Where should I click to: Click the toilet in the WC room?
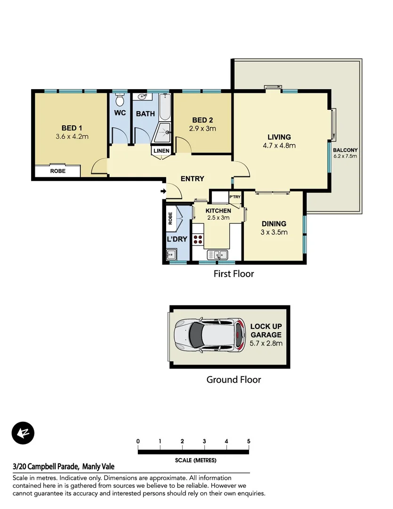coord(120,100)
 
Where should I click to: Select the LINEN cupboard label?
coord(160,151)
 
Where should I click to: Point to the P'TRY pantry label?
coord(234,197)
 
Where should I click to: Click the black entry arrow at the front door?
coord(163,191)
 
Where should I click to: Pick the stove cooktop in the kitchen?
coord(198,239)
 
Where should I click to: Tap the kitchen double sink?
coord(220,254)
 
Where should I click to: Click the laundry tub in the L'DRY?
coord(170,254)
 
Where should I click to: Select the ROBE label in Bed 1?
coord(58,171)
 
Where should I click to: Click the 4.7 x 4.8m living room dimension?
coord(280,146)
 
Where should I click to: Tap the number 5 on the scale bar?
coord(249,441)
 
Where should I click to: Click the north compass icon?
coord(23,433)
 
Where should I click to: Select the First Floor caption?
coord(233,274)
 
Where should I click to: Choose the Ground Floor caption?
coord(233,379)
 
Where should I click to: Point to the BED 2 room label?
coord(203,120)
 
